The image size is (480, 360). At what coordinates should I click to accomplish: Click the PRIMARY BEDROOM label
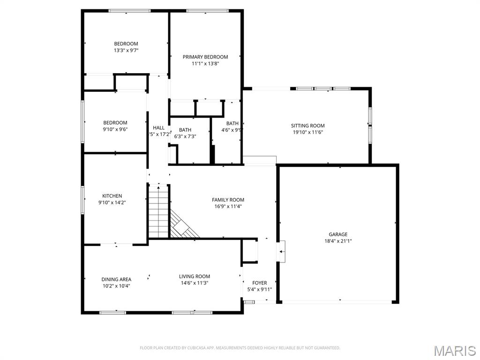click(205, 57)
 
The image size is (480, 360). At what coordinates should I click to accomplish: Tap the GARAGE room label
click(337, 234)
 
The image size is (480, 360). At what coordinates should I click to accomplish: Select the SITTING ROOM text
click(307, 126)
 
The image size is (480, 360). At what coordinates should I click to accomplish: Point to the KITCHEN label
click(112, 196)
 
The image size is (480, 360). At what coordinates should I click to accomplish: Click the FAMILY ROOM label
click(228, 200)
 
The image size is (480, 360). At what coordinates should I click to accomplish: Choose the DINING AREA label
click(116, 279)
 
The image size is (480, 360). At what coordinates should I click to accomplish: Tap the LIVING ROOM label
click(195, 277)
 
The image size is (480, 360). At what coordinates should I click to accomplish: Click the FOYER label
click(259, 283)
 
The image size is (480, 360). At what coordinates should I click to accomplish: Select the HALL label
click(158, 127)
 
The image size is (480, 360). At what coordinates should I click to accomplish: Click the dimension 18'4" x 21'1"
click(337, 241)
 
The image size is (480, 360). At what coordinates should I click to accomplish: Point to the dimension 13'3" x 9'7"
click(126, 50)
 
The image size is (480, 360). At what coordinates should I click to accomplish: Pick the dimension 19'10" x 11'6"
click(307, 132)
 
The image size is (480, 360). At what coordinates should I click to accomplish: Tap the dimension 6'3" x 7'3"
click(185, 136)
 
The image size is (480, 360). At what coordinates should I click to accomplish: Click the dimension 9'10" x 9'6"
click(115, 129)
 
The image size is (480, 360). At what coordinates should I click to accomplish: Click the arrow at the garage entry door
click(281, 252)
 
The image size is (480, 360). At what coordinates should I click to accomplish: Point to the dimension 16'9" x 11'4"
click(228, 206)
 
